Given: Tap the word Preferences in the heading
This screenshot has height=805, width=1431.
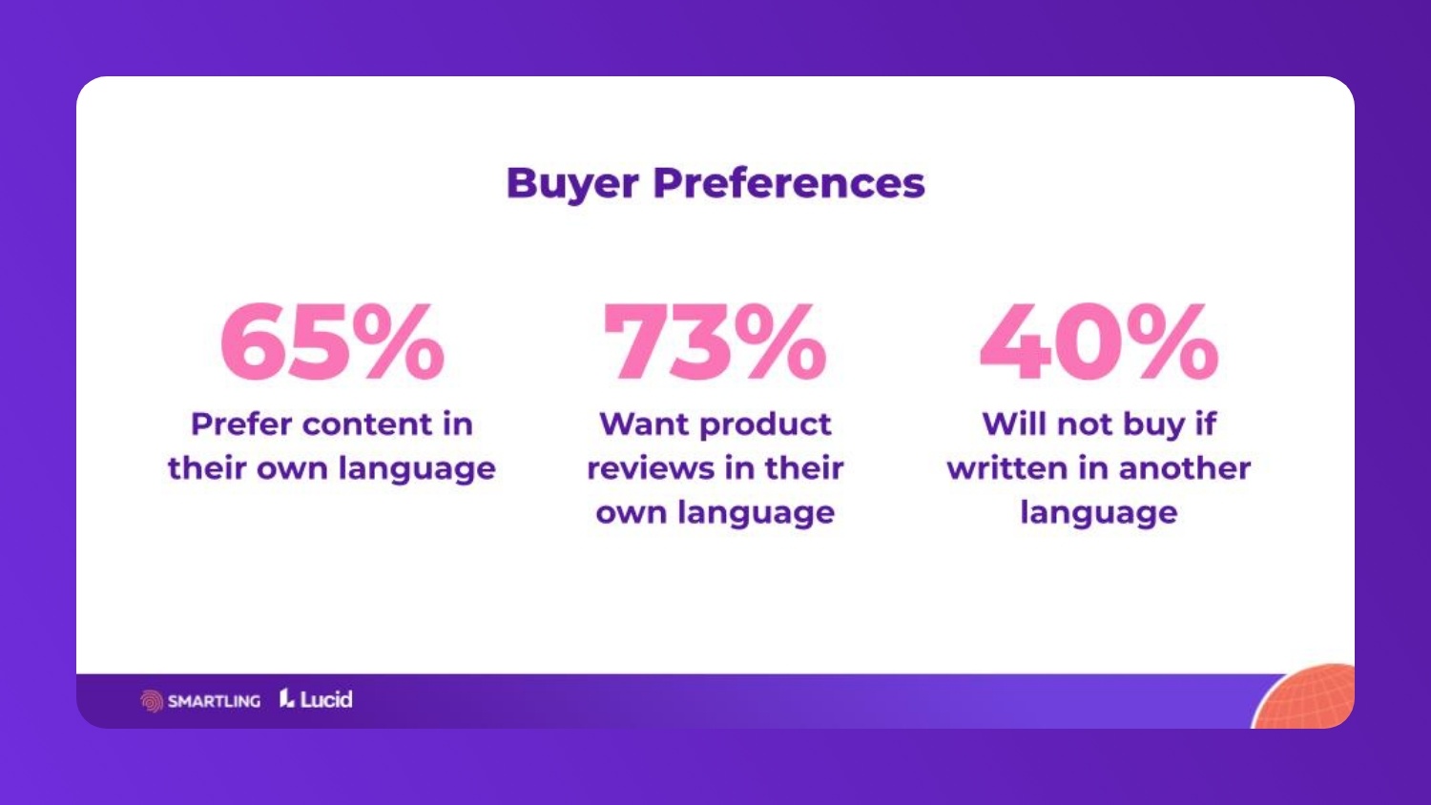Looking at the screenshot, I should pos(788,183).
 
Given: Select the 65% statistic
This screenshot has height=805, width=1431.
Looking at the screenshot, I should pos(332,341).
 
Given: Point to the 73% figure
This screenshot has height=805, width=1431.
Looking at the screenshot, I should pos(715,341).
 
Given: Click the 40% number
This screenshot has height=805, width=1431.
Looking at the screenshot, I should pos(1099,341).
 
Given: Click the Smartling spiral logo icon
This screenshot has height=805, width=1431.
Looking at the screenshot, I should pos(152,701).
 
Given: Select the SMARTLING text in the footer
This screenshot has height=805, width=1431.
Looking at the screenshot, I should pos(214,701).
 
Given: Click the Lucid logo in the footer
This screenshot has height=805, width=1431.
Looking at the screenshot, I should pos(316,699).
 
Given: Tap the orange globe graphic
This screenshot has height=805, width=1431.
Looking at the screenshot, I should pos(1309,698).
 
